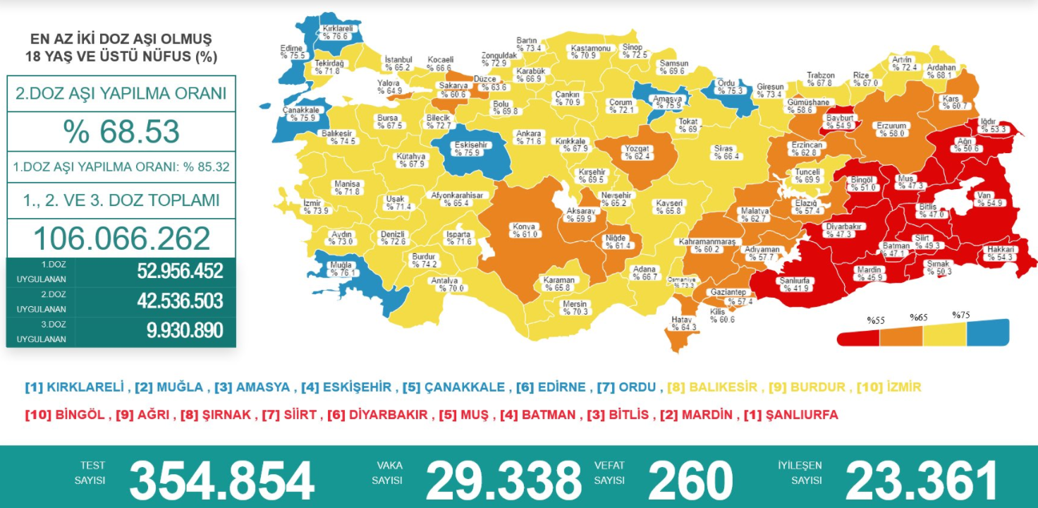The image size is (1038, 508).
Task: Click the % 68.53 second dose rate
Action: coord(121,132)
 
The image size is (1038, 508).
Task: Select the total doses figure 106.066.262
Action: coord(121,238)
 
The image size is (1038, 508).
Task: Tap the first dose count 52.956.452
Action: coord(180,271)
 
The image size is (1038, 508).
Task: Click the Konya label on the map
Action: coord(525,231)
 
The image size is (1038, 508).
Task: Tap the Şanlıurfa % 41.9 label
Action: coord(795,284)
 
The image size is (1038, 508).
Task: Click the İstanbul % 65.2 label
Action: coord(398,64)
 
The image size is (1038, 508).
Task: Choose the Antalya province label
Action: coord(444,284)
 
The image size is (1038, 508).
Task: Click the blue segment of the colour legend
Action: coord(987,333)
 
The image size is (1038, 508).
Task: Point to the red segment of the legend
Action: coord(858,337)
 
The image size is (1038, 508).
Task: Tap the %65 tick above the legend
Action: coord(918,317)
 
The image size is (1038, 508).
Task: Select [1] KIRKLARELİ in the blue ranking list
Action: coord(75,387)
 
